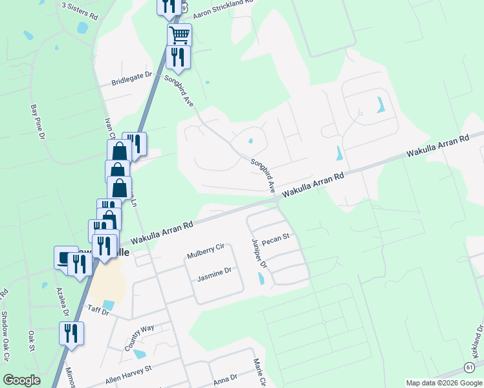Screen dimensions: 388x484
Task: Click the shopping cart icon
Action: (x=179, y=34)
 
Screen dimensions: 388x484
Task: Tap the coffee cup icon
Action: (x=65, y=257)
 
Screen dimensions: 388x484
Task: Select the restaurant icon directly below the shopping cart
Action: (x=177, y=57)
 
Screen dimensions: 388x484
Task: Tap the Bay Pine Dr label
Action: (x=38, y=122)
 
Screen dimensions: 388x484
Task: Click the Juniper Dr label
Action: (x=259, y=253)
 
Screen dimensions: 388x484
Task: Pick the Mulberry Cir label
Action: (x=205, y=250)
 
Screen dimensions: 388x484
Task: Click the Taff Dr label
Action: (x=99, y=311)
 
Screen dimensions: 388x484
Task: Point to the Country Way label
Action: (x=139, y=336)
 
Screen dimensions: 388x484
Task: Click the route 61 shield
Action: (x=467, y=367)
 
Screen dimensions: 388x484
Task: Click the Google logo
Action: (x=21, y=380)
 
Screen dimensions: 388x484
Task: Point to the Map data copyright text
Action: (x=444, y=383)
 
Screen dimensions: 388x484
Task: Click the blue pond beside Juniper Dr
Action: (x=261, y=279)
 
